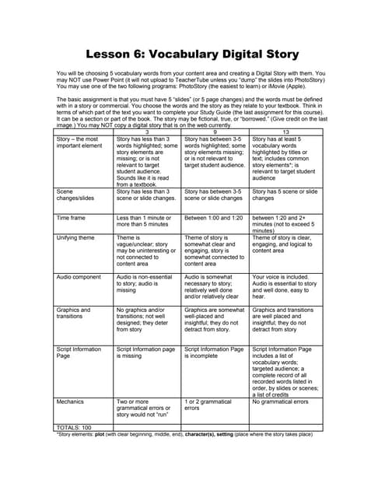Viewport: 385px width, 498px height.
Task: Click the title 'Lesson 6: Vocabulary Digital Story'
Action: (x=192, y=54)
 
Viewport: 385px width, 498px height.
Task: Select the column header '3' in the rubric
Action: (x=147, y=132)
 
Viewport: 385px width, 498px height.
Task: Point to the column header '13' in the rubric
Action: (x=283, y=132)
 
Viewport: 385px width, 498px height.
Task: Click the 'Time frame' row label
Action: (x=71, y=217)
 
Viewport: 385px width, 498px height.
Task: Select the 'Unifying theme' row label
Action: (x=75, y=237)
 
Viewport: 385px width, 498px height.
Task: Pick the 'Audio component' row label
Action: (x=79, y=276)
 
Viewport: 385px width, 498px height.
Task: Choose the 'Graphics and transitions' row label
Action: (x=73, y=313)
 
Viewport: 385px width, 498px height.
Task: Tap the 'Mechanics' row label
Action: (x=70, y=402)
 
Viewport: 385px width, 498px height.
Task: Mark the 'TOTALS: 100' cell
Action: (x=74, y=427)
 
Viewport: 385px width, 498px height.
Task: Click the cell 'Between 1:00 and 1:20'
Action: (x=213, y=217)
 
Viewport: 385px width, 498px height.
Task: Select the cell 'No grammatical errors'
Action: (x=280, y=402)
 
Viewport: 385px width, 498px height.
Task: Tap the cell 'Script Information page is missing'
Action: (x=145, y=353)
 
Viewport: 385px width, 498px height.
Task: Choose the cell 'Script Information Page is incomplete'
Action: (x=214, y=353)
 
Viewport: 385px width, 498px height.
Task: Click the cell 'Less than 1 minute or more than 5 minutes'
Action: (x=145, y=221)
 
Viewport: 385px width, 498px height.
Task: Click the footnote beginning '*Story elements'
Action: (x=184, y=434)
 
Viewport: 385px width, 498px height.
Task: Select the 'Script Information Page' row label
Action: (x=78, y=353)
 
